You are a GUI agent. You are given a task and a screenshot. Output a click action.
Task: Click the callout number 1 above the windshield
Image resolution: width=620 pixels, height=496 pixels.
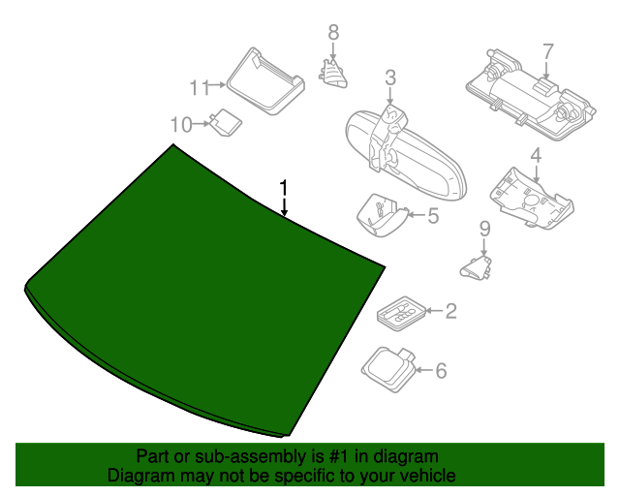(x=284, y=185)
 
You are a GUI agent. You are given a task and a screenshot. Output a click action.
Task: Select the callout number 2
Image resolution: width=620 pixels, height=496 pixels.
(x=450, y=311)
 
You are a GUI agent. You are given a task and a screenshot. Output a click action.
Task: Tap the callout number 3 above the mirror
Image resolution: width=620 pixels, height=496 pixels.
(x=390, y=77)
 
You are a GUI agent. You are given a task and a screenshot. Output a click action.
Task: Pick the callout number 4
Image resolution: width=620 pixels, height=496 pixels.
(x=535, y=155)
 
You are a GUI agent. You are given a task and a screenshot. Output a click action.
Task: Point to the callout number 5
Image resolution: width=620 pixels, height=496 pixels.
(x=432, y=215)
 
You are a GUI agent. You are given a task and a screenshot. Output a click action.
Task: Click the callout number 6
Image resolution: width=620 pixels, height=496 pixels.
(x=441, y=370)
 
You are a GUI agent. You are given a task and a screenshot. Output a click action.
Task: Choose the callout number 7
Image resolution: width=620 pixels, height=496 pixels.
(x=547, y=50)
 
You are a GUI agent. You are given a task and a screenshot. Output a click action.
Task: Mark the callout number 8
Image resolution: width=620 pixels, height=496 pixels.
(x=333, y=32)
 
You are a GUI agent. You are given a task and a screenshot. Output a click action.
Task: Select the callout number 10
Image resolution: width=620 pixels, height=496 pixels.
(x=181, y=123)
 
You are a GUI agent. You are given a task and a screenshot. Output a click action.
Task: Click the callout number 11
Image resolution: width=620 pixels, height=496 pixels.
(x=199, y=88)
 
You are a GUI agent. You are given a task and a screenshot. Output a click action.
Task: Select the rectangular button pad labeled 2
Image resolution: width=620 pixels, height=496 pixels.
(x=399, y=313)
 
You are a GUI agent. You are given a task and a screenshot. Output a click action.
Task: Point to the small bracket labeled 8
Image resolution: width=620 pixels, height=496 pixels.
(x=334, y=73)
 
